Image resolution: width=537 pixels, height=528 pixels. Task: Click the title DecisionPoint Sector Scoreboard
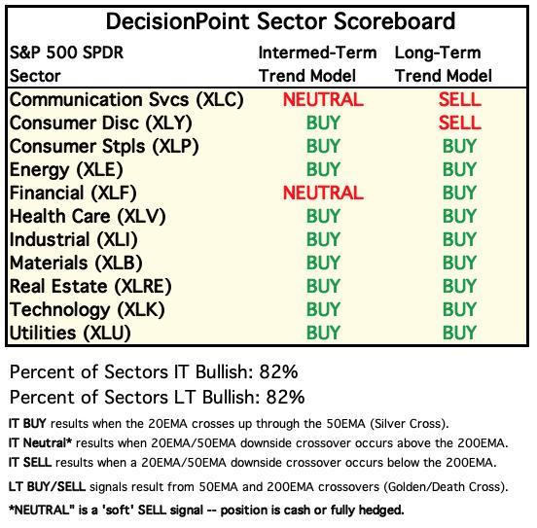pyautogui.click(x=280, y=21)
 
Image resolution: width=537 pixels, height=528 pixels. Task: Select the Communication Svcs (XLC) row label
pyautogui.click(x=126, y=100)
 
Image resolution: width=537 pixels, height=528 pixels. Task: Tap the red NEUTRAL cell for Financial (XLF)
pyautogui.click(x=323, y=193)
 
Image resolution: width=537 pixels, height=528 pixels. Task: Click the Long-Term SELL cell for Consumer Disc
pyautogui.click(x=459, y=123)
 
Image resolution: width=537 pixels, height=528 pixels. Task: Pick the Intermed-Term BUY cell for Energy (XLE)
pyautogui.click(x=323, y=169)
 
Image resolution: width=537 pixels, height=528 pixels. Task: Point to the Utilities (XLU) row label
pyautogui.click(x=70, y=334)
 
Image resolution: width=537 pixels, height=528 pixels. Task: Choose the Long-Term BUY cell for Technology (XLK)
pyautogui.click(x=459, y=309)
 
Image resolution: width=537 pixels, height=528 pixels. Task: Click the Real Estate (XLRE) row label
pyautogui.click(x=90, y=287)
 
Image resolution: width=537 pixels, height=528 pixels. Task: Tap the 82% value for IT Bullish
pyautogui.click(x=278, y=371)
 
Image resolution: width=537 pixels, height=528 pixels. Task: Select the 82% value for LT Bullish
pyautogui.click(x=285, y=397)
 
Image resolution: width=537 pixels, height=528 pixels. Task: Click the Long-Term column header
pyautogui.click(x=438, y=53)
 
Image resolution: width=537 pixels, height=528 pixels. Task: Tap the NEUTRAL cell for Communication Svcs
pyautogui.click(x=323, y=99)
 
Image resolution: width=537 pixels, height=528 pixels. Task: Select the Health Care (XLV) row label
pyautogui.click(x=88, y=217)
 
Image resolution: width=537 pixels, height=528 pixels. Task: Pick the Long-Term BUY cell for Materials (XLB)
pyautogui.click(x=459, y=263)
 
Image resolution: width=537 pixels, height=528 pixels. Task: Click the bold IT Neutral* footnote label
pyautogui.click(x=41, y=443)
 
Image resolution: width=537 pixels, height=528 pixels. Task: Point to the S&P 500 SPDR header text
pyautogui.click(x=66, y=53)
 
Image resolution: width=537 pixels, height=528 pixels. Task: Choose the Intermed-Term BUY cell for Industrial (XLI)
pyautogui.click(x=323, y=239)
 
